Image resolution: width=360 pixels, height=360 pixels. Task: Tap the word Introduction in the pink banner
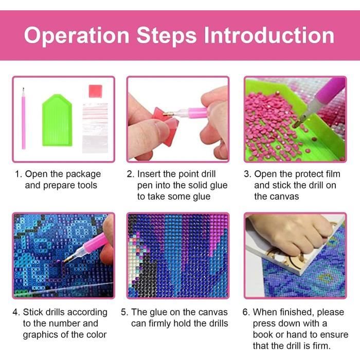click(x=269, y=35)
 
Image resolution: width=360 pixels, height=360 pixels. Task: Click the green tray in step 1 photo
click(x=57, y=120)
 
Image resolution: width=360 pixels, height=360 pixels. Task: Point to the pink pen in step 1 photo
click(x=24, y=118)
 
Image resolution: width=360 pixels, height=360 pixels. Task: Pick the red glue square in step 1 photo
click(x=95, y=91)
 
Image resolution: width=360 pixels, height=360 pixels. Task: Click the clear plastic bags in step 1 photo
click(x=95, y=128)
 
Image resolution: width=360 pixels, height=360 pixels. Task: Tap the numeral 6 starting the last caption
click(x=245, y=312)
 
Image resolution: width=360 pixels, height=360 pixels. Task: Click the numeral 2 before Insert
click(x=130, y=174)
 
